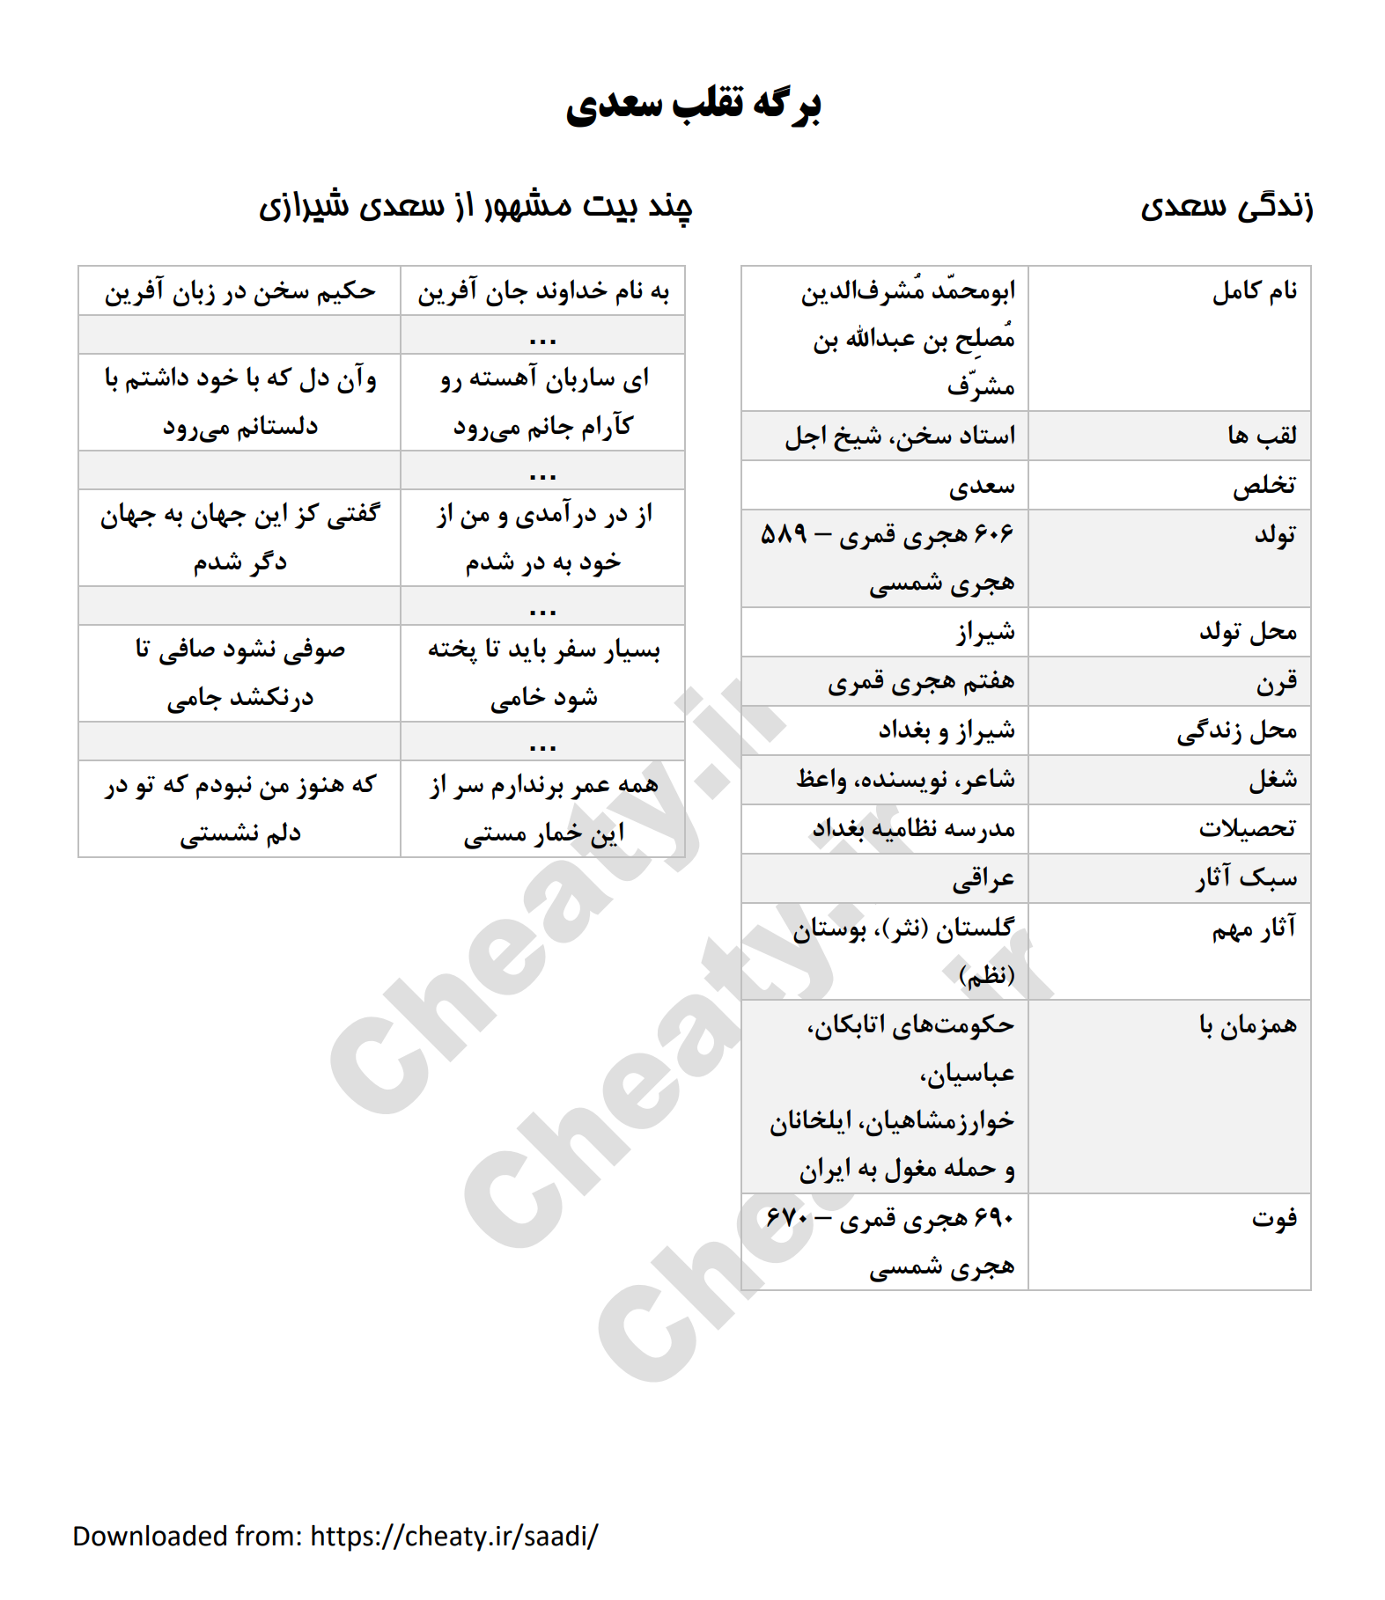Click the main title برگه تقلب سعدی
tap(693, 105)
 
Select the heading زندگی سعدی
tap(1226, 207)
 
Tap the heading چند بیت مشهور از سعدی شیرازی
tap(475, 207)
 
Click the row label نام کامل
tap(1254, 291)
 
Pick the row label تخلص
tap(1263, 485)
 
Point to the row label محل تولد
tap(1248, 632)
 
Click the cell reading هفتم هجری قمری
tap(920, 681)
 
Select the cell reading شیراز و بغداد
tap(946, 730)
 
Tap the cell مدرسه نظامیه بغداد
tap(913, 829)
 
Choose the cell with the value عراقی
tap(983, 878)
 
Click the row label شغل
tap(1272, 780)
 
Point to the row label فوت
tap(1274, 1219)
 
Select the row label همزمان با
tap(1248, 1025)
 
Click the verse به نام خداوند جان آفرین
tap(543, 291)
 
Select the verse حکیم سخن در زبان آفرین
tap(239, 291)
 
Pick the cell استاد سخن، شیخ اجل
tap(899, 436)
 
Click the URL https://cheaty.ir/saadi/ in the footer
tap(454, 1536)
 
